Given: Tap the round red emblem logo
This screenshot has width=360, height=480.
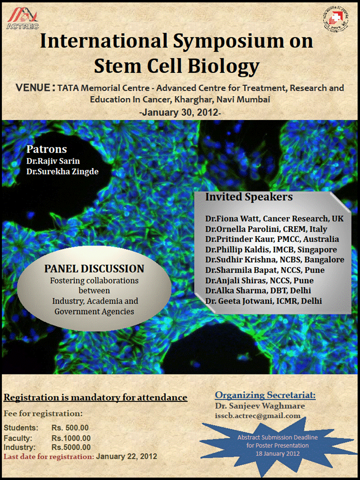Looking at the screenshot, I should click(336, 18).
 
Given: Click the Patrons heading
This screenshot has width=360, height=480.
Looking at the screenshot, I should click(46, 149).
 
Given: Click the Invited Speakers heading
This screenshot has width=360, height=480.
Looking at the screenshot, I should click(248, 197).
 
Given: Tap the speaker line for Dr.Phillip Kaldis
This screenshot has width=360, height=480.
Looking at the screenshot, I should click(270, 249).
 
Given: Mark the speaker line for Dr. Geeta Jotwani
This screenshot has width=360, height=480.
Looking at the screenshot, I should click(263, 300).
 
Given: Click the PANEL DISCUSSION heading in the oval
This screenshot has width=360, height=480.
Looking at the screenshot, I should click(94, 269).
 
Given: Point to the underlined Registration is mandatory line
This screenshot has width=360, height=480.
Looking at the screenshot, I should click(95, 398).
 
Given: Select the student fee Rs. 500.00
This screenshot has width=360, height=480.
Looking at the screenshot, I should click(70, 428).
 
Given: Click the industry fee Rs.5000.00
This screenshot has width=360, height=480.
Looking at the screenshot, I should click(71, 447).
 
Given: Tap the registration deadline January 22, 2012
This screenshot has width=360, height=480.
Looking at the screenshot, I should click(126, 456).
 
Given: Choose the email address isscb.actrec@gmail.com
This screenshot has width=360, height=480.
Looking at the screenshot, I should click(257, 415).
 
